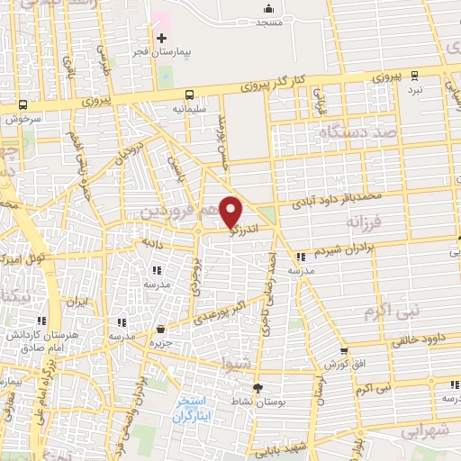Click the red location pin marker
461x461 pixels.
(x=231, y=212)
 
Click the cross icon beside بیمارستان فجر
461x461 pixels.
(x=162, y=38)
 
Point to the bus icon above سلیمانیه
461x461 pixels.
(x=189, y=95)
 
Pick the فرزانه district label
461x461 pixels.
(x=366, y=220)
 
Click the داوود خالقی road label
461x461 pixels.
(x=421, y=341)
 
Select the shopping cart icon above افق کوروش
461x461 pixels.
(x=344, y=351)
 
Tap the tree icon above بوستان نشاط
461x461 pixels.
(x=259, y=388)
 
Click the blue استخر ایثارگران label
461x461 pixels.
(x=193, y=408)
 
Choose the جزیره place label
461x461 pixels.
(x=160, y=344)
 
